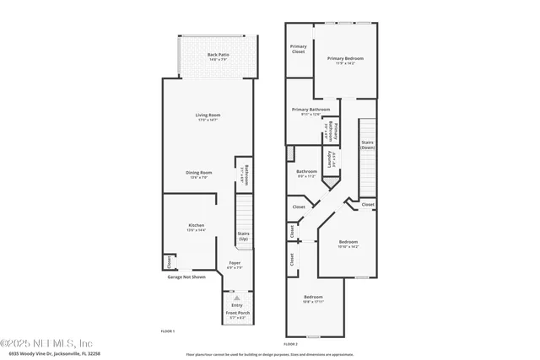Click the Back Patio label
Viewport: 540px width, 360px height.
pos(218,56)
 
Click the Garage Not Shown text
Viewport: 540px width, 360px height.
pos(186,277)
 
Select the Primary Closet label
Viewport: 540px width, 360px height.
pos(298,49)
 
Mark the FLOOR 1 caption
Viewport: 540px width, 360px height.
pos(167,332)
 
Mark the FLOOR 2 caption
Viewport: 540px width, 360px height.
pos(290,344)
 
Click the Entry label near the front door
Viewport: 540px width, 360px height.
pos(236,304)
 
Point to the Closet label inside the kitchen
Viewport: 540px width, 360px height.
pos(168,261)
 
